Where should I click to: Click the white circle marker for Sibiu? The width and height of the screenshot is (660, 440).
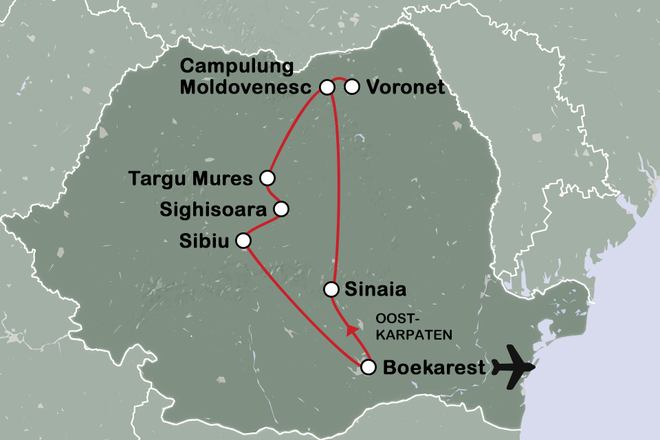point(243,240)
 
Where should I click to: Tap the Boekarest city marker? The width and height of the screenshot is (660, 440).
point(368,366)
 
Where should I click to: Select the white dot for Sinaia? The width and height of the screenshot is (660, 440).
point(332,289)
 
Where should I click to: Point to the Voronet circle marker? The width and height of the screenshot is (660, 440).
point(352,87)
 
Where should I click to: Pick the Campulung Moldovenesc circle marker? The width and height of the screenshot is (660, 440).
point(327,87)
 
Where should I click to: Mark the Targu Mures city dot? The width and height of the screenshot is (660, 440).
point(267,178)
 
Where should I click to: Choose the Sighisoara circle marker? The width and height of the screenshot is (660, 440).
point(280,209)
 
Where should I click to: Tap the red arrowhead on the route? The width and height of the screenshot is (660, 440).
point(352,330)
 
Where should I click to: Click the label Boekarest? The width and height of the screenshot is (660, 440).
point(433,367)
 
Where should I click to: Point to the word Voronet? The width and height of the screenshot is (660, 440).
point(406,87)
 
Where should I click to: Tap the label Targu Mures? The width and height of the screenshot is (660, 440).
point(191,179)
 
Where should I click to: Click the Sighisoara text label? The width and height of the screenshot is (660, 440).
point(214,210)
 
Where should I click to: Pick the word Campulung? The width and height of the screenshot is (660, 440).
point(236,68)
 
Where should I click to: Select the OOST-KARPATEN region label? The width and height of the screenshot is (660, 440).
point(412,327)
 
